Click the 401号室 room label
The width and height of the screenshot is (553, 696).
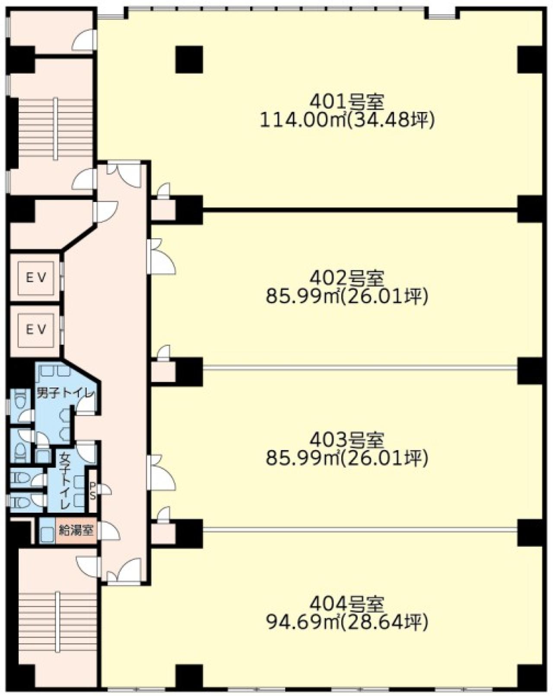(x=347, y=102)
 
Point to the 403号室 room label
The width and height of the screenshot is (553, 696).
(x=347, y=440)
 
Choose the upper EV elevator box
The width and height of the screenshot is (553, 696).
(x=36, y=278)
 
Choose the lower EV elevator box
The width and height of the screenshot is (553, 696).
(x=36, y=330)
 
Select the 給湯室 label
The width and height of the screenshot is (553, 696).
(x=76, y=530)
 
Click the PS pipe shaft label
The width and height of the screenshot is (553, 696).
(x=92, y=492)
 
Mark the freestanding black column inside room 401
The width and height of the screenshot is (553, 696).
(x=189, y=59)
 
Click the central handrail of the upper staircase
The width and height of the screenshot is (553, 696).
(x=56, y=128)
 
